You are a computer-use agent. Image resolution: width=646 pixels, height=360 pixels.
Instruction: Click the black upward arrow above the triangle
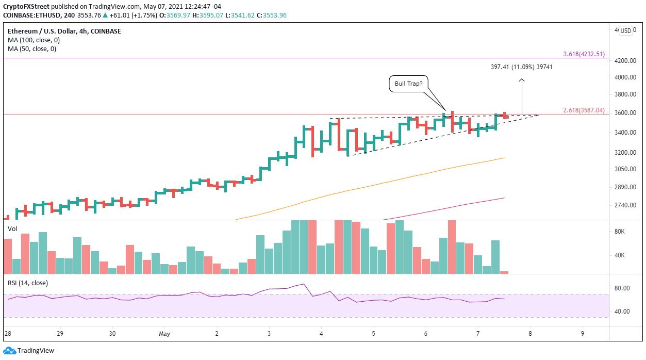coord(522,96)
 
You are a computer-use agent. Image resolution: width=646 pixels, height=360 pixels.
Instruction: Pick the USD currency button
coord(626,30)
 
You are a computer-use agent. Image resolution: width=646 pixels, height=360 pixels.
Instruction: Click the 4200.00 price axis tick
coord(626,60)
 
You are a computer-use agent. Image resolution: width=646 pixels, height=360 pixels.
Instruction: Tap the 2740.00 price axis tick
coord(626,205)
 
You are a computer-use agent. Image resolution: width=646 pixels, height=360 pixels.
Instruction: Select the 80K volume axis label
coord(619,232)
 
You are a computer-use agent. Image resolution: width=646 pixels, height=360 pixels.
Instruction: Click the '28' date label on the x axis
coord(7,333)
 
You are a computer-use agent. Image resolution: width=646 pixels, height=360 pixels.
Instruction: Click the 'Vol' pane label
coord(12,227)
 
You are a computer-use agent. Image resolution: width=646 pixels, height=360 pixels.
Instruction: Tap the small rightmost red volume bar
coord(504,272)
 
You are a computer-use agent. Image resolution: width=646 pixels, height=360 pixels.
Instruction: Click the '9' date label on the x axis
coord(582,333)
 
